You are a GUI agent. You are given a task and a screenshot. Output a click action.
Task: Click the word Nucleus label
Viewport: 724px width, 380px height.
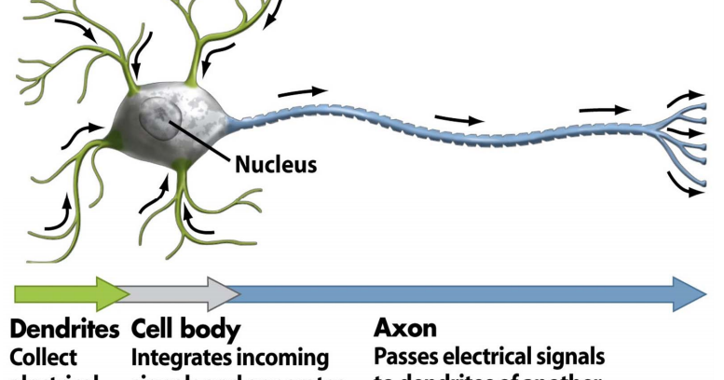275,166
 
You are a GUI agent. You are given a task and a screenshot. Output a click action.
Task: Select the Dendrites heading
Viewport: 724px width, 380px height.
64,329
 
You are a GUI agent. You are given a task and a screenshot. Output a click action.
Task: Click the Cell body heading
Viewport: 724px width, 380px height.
186,329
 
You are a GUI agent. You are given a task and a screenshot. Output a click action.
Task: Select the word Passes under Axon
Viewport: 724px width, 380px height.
406,358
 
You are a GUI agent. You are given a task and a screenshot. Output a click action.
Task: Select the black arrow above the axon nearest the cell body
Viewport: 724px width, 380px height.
303,91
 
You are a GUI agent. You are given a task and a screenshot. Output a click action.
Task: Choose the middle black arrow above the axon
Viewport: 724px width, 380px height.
459,119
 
